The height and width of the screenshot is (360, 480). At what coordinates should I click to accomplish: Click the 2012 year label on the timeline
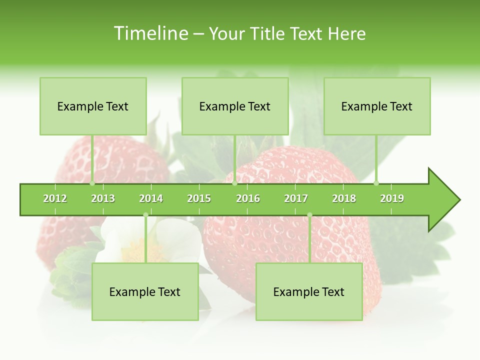tap(55, 198)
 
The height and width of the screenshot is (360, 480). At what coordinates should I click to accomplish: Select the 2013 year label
tap(103, 198)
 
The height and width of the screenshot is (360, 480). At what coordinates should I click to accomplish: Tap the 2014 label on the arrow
tap(151, 198)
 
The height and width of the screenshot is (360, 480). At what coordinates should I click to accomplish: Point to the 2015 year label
tap(199, 198)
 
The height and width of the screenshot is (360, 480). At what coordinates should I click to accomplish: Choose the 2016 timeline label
tap(248, 198)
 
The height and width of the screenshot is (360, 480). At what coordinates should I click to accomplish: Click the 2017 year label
tap(296, 198)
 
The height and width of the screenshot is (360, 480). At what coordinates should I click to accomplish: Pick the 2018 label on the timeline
tap(344, 198)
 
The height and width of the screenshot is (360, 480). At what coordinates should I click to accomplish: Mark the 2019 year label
tap(392, 198)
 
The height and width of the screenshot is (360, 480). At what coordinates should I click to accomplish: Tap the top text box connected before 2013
tap(93, 106)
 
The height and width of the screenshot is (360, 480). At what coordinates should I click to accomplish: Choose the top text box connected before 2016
tap(235, 106)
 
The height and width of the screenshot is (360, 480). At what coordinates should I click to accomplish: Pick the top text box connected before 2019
tap(377, 106)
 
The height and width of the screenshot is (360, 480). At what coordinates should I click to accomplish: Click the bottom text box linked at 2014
tap(145, 292)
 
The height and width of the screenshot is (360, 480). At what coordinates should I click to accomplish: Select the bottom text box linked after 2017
tap(309, 292)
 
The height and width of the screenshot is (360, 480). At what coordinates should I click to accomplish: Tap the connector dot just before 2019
tap(376, 183)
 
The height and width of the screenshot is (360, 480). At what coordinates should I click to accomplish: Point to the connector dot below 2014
tap(145, 215)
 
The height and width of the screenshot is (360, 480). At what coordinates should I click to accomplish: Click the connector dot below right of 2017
tap(309, 215)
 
